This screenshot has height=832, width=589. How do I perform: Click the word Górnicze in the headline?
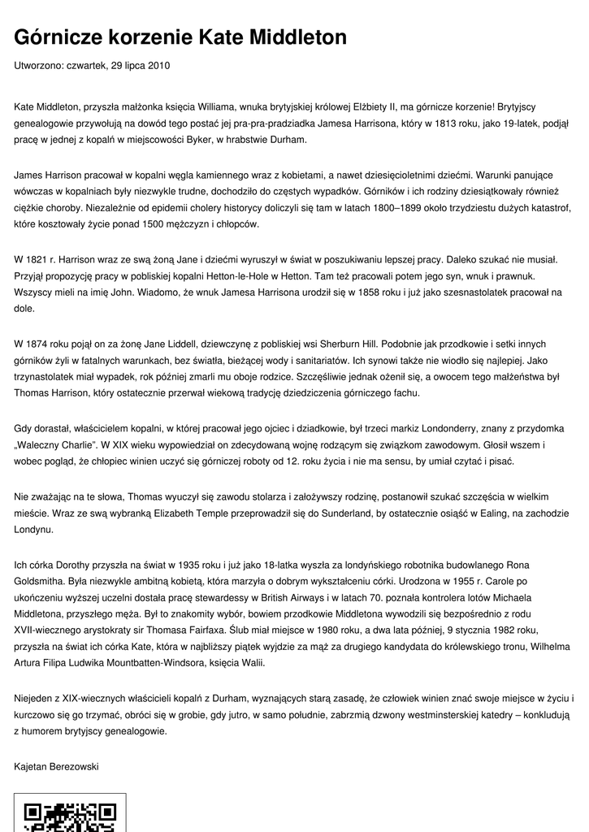[61, 37]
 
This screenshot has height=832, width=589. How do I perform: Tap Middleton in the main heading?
[297, 37]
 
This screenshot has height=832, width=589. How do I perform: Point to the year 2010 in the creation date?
[158, 65]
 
